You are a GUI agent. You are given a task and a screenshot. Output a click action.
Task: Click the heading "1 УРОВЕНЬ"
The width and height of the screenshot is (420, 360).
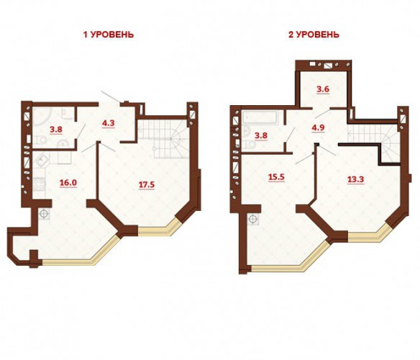tap(109, 35)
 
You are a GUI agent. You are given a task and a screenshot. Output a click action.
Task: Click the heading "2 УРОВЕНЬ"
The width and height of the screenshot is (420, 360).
tap(314, 35)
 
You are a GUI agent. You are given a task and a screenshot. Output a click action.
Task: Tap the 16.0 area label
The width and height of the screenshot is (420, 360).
tap(68, 183)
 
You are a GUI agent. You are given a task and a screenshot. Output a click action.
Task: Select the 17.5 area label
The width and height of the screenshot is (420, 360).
tap(146, 185)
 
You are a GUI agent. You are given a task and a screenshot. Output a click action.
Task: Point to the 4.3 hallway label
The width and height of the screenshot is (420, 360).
tap(108, 123)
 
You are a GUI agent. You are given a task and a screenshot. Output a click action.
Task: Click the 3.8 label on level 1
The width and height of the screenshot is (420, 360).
tap(56, 130)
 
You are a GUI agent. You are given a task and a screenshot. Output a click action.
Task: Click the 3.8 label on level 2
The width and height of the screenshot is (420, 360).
tap(261, 135)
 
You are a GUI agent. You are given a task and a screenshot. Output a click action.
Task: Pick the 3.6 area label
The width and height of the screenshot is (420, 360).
tap(323, 89)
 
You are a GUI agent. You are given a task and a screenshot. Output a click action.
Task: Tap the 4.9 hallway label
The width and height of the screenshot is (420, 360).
tap(318, 127)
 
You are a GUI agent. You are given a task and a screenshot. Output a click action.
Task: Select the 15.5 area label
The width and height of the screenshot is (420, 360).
tap(276, 177)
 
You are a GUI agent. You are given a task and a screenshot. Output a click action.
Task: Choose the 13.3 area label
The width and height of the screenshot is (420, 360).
tap(355, 179)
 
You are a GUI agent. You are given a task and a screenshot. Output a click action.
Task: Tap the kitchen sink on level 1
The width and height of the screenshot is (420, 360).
tap(41, 159)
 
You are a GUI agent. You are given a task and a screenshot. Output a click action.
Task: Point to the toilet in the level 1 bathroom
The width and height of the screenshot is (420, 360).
tap(40, 140)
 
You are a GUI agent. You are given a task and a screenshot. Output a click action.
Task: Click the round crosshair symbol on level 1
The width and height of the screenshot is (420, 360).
tap(44, 214)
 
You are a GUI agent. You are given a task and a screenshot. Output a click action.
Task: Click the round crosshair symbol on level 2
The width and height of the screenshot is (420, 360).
tap(252, 219)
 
